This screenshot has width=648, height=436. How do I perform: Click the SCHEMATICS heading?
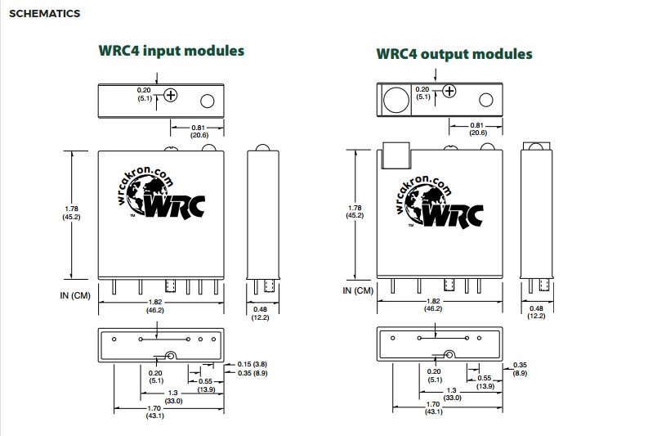(x=44, y=14)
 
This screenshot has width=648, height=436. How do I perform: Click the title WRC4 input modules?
(x=171, y=51)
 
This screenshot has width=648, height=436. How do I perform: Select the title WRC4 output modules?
(x=454, y=54)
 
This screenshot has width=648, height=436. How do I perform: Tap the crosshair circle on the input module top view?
(x=171, y=95)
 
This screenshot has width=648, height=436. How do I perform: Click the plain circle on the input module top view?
(x=208, y=101)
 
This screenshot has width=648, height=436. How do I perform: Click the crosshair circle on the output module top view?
(x=448, y=91)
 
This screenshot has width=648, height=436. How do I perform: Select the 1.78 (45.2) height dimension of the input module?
(x=71, y=212)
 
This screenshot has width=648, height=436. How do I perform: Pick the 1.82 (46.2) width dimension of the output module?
(x=433, y=305)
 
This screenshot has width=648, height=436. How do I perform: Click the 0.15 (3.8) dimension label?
(x=252, y=363)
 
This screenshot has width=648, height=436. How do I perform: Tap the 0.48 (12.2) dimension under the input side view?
(x=261, y=312)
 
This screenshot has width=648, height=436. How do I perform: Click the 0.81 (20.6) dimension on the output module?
(x=478, y=129)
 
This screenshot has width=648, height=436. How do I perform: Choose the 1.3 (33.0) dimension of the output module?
(x=454, y=394)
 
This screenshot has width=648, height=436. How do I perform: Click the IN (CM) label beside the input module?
(x=74, y=294)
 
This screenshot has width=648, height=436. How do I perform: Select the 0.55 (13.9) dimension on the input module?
(x=204, y=384)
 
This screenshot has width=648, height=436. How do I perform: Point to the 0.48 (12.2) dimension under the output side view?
(x=536, y=312)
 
